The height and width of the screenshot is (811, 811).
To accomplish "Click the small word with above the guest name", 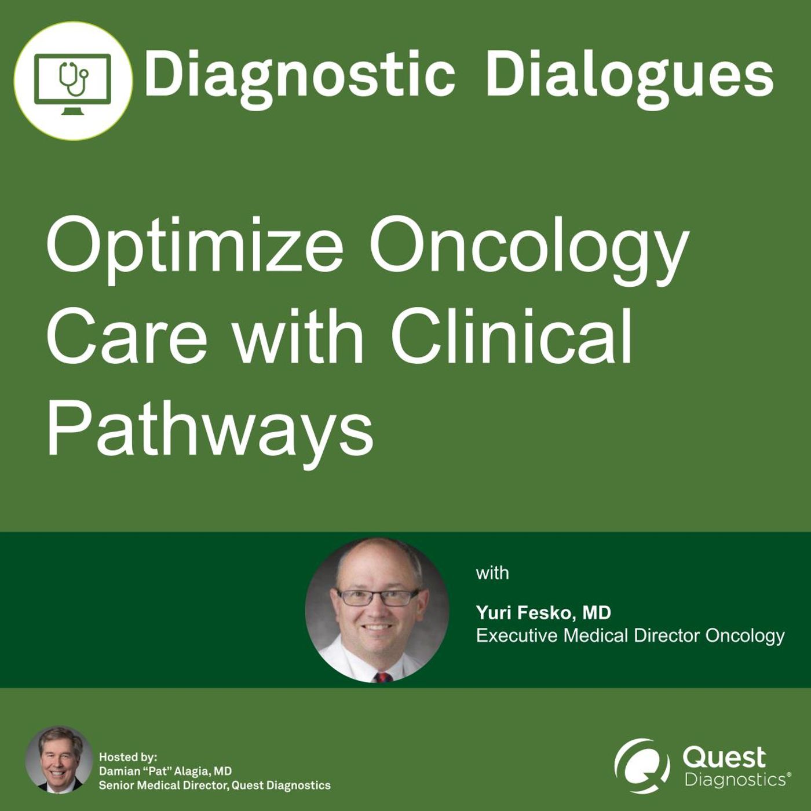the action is click(x=492, y=573).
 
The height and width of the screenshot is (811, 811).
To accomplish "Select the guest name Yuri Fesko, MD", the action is click(x=543, y=613).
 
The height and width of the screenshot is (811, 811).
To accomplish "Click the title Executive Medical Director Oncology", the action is click(x=630, y=635).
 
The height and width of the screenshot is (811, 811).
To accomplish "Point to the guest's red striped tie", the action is click(x=382, y=677).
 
